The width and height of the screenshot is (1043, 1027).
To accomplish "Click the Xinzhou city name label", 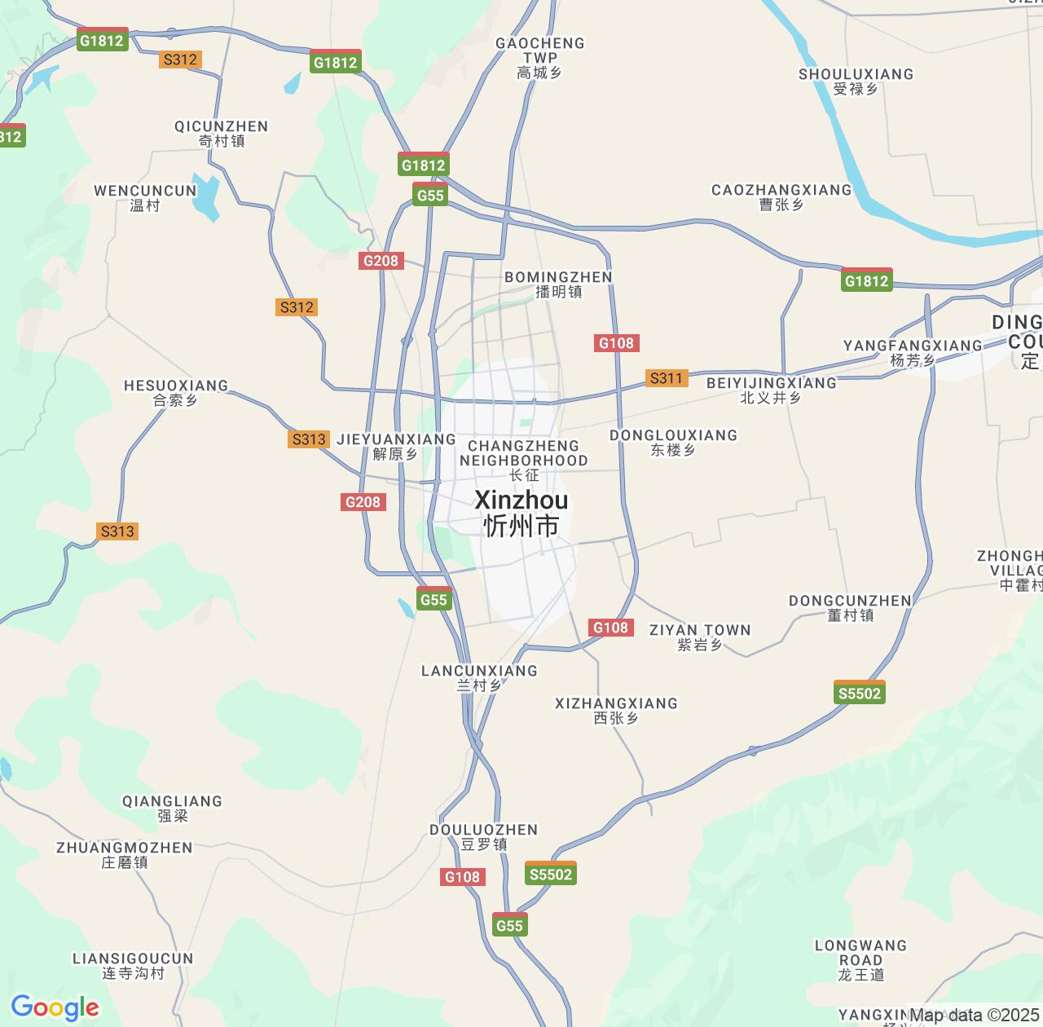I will click(x=521, y=513).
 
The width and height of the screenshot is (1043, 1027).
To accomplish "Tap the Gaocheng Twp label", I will click(x=540, y=57).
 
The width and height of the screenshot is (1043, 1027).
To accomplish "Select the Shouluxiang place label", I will click(x=856, y=81).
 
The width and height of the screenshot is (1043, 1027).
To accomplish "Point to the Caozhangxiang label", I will click(x=781, y=196).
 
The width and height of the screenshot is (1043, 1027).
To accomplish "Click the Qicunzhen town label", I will click(x=222, y=133).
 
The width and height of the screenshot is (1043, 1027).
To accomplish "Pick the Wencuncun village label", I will click(x=145, y=197).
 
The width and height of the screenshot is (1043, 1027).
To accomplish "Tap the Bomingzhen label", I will click(x=558, y=284).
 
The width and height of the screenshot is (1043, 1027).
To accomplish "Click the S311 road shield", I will click(x=666, y=378).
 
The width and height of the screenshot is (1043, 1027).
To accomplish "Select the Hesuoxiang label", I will click(x=176, y=392).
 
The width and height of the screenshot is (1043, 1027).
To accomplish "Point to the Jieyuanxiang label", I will click(x=396, y=446).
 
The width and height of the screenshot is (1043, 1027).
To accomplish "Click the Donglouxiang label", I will click(x=673, y=442).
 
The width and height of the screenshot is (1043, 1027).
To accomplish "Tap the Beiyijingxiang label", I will click(x=771, y=390).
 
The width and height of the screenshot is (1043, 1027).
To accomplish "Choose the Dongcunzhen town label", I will click(x=850, y=607).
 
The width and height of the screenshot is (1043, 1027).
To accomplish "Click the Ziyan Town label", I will click(x=699, y=637).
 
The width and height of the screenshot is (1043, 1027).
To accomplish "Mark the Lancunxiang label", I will click(x=479, y=677).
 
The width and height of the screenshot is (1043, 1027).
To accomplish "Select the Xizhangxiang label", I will click(x=616, y=710).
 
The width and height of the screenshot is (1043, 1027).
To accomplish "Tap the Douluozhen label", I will click(x=484, y=836).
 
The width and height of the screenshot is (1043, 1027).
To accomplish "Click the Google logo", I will click(x=54, y=1007).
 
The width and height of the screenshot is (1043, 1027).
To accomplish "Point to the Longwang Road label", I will click(x=860, y=959).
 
